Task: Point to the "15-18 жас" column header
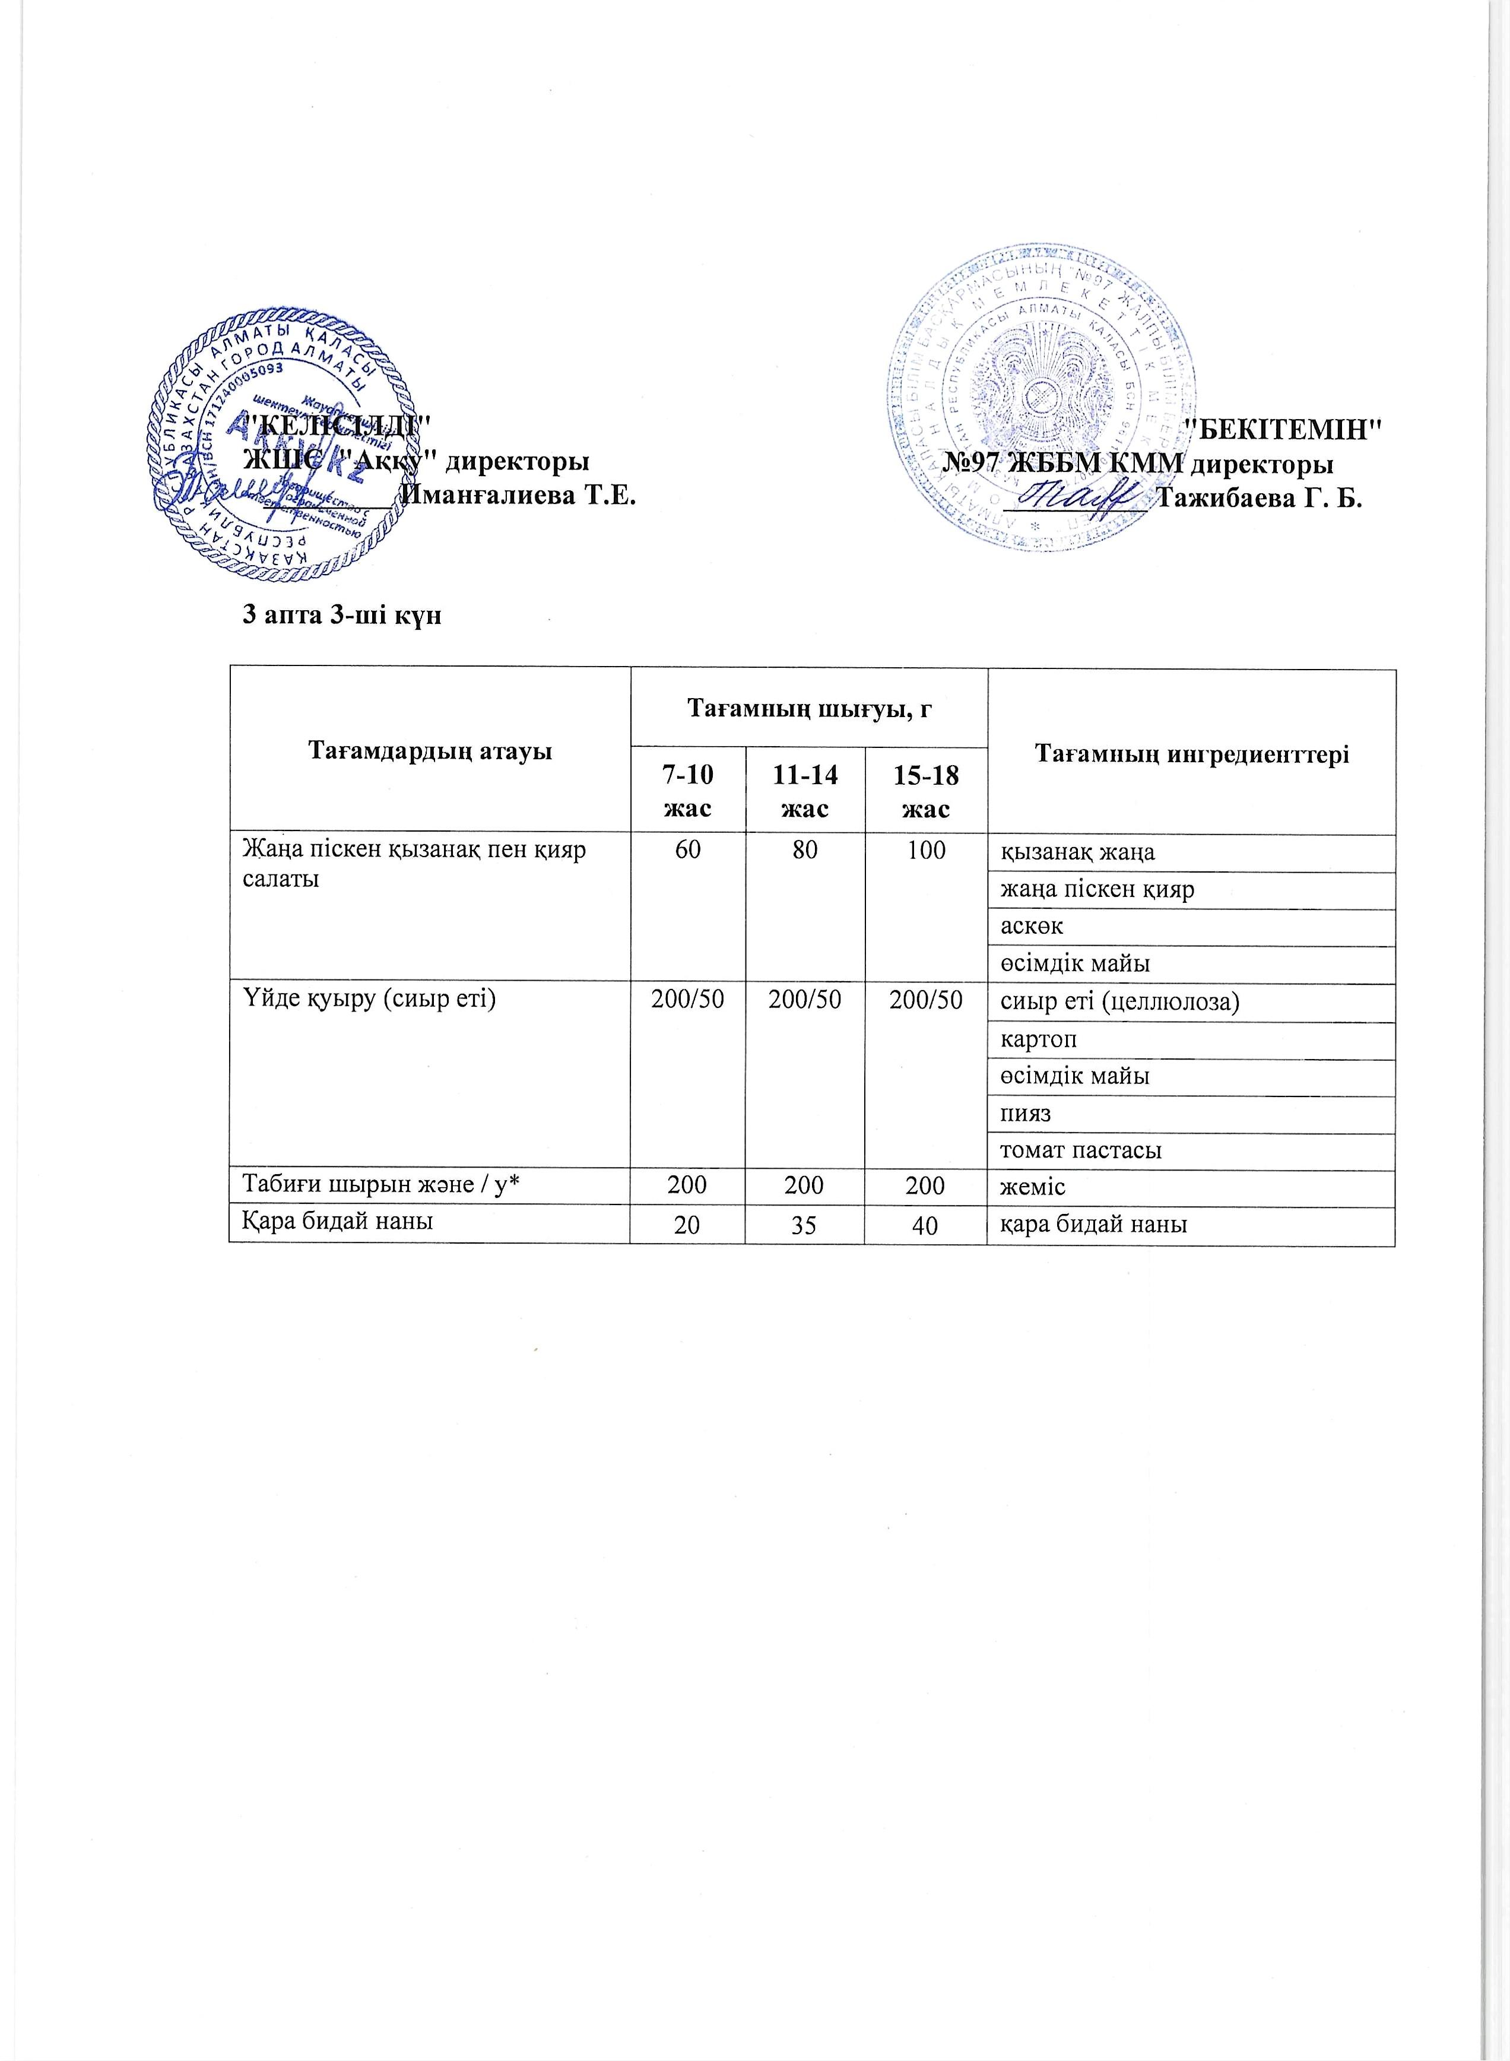click(x=926, y=791)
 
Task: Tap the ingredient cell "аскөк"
click(x=1032, y=927)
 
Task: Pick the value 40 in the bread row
click(x=926, y=1226)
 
